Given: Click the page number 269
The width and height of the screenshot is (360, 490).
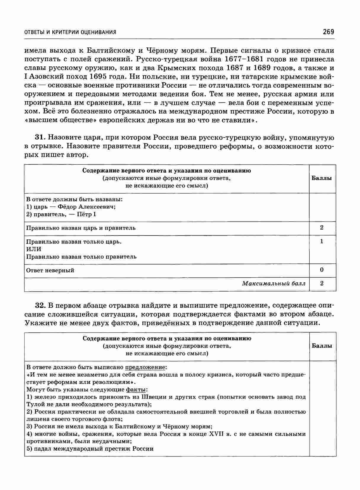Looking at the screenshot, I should coord(328,32).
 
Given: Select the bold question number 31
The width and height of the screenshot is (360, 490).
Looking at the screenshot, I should coord(40,137).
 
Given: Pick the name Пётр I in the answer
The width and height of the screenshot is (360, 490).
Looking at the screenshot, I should coord(86,214).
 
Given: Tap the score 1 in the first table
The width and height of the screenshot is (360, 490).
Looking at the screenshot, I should coord(322,241).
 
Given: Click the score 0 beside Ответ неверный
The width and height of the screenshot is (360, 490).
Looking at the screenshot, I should coord(322,270).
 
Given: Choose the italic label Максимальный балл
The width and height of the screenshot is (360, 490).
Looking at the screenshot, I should coord(274,284).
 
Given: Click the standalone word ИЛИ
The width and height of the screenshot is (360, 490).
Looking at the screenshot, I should coord(34,249).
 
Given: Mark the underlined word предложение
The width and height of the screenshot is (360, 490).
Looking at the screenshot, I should coord(145,367).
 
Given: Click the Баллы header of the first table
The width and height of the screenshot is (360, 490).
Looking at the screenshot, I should coord(322,178).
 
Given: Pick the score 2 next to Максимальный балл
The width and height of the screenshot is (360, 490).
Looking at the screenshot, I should coord(322,284).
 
